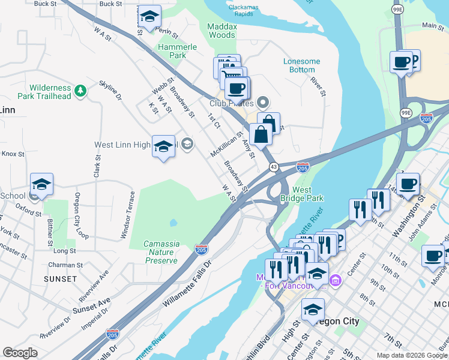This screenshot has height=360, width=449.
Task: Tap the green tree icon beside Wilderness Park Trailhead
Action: [x=80, y=91]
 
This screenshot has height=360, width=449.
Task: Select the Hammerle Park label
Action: [x=172, y=51]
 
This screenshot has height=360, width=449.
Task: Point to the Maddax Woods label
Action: [x=221, y=31]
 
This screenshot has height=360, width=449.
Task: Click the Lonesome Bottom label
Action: [x=302, y=65]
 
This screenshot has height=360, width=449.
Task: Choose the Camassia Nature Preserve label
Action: [x=161, y=252]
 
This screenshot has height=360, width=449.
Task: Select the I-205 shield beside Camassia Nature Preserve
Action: [x=202, y=249]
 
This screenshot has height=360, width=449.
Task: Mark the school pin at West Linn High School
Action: [x=164, y=146]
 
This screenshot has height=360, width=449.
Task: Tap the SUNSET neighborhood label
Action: [x=60, y=279]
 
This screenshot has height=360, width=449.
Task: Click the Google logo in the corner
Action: [x=20, y=353]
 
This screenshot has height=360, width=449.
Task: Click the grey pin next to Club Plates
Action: [x=262, y=103]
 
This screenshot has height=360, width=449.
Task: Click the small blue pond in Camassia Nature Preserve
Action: [x=173, y=223]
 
